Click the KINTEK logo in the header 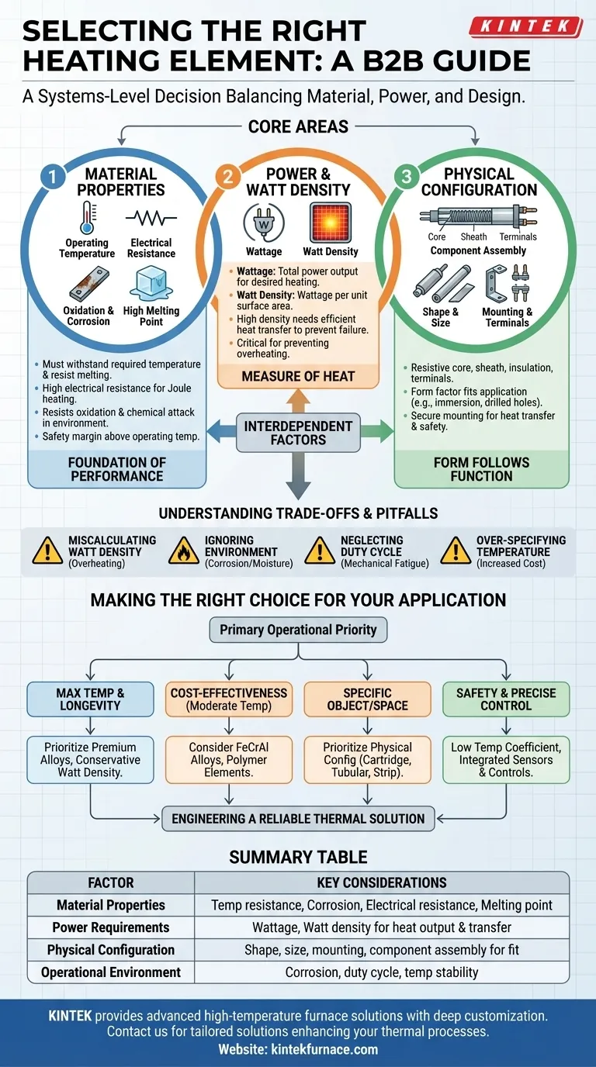click(x=525, y=27)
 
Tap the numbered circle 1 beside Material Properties click(x=52, y=177)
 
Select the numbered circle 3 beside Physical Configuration click(x=405, y=177)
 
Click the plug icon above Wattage click(x=263, y=223)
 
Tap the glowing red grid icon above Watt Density click(x=331, y=223)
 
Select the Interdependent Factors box click(x=298, y=433)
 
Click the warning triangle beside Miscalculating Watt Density click(x=47, y=551)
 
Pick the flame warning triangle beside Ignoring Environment click(x=184, y=551)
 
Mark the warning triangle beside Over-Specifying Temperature click(x=456, y=551)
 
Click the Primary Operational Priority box click(x=298, y=630)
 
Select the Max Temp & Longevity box click(x=90, y=699)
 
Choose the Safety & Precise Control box click(x=506, y=699)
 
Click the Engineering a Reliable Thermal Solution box click(x=298, y=818)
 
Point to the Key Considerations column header click(x=381, y=882)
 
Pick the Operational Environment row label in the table click(x=111, y=972)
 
